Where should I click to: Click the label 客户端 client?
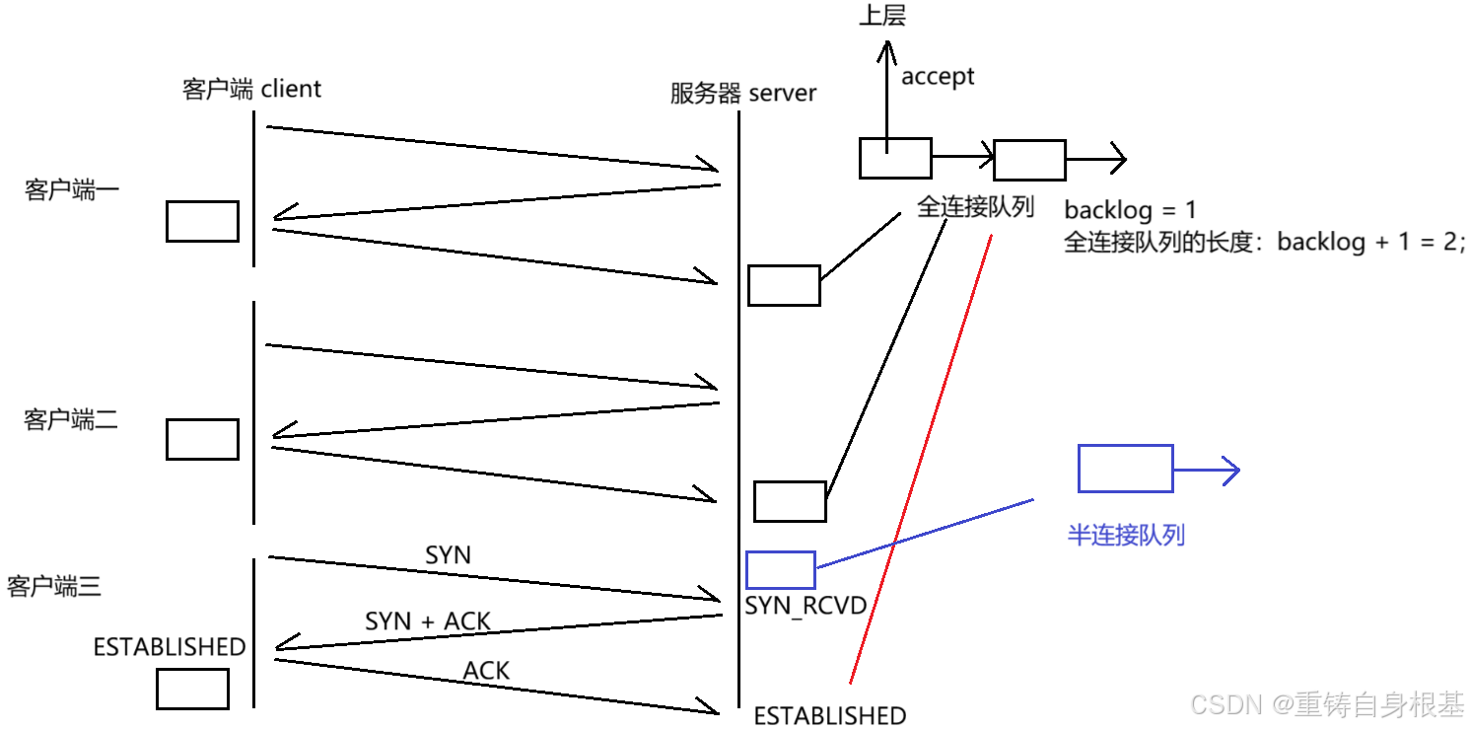coord(251,89)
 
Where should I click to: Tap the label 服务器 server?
coord(742,94)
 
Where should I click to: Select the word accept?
coord(937,77)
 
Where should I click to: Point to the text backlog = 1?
coord(1130,210)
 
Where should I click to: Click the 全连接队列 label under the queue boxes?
coord(975,207)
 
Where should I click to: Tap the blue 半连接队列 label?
coord(1125,536)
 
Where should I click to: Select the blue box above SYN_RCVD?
coord(780,570)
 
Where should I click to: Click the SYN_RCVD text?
coord(805,606)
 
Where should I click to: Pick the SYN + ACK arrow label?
coord(428,621)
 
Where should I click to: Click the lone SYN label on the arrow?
coord(448,555)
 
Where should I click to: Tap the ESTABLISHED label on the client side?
coord(169,647)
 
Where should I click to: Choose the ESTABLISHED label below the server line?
coord(829,716)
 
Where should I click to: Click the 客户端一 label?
coord(71,190)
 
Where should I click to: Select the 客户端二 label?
coord(71,420)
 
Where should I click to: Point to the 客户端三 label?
coord(54,588)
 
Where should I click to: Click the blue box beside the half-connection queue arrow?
coord(1124,469)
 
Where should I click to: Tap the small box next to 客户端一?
coord(202,221)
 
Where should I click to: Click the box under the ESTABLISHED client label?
coord(192,689)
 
